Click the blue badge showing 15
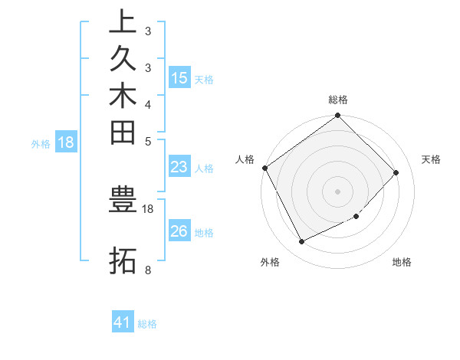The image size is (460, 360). coord(179,77)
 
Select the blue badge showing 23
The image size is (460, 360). coord(179,167)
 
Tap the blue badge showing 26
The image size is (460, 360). coord(179,231)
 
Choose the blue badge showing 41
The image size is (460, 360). coord(123,322)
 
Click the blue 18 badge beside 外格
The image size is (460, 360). coord(66,142)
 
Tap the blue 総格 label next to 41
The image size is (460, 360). coord(147,324)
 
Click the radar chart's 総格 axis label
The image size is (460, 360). coord(338,100)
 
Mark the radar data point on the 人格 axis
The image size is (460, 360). coord(265,168)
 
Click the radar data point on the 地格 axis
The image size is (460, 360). coord(356,217)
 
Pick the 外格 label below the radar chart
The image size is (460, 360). coord(270,263)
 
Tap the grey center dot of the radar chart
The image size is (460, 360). coord(338,191)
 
